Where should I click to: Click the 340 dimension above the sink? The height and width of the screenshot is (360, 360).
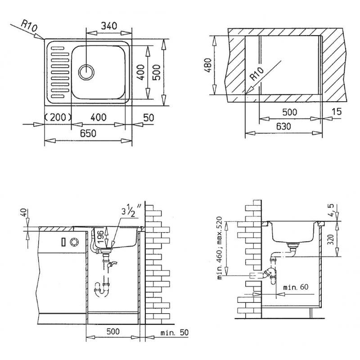[109, 26]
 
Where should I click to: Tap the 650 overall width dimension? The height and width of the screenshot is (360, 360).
[88, 133]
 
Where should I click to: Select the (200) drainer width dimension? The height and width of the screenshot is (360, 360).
[58, 117]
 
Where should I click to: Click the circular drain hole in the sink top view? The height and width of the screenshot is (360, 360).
[86, 72]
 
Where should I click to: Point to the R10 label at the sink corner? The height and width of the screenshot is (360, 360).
[29, 26]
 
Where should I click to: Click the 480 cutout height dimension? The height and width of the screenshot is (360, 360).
[208, 65]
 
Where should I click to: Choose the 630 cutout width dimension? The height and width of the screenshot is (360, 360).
[283, 126]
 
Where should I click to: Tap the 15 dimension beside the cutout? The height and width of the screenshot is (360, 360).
[337, 112]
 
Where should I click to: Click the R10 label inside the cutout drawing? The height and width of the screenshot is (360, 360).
[257, 74]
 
